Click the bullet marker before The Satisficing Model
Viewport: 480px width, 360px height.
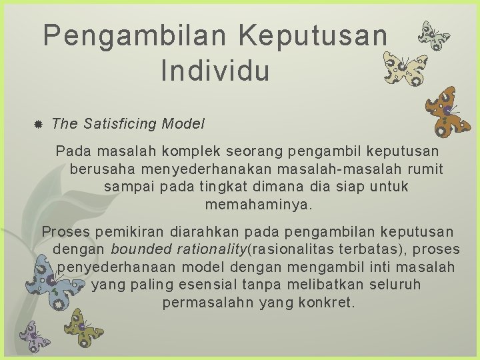38,125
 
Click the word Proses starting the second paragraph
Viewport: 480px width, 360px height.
66,232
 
